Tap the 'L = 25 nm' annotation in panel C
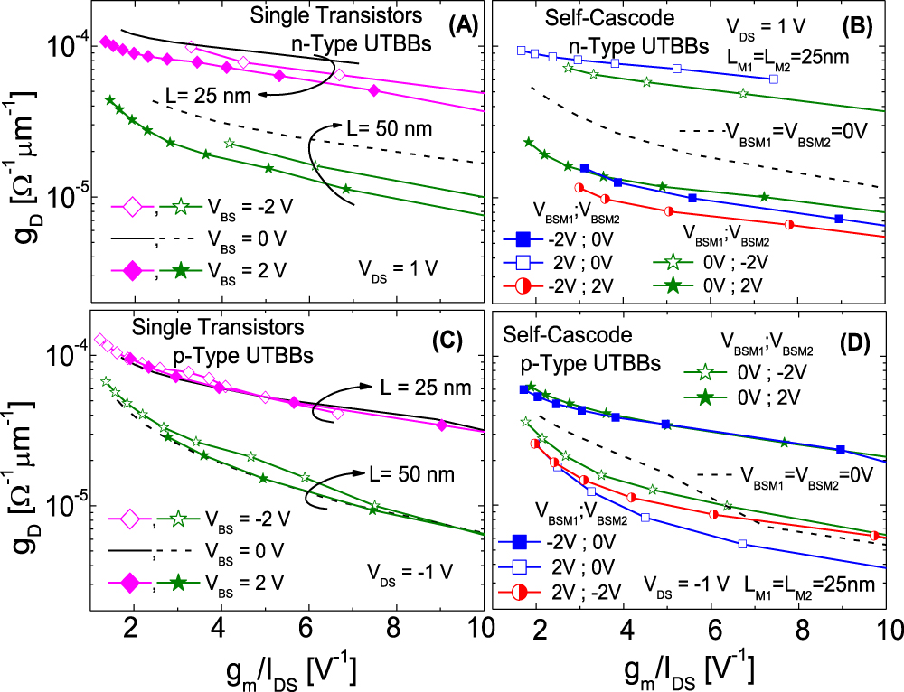[422, 387]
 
